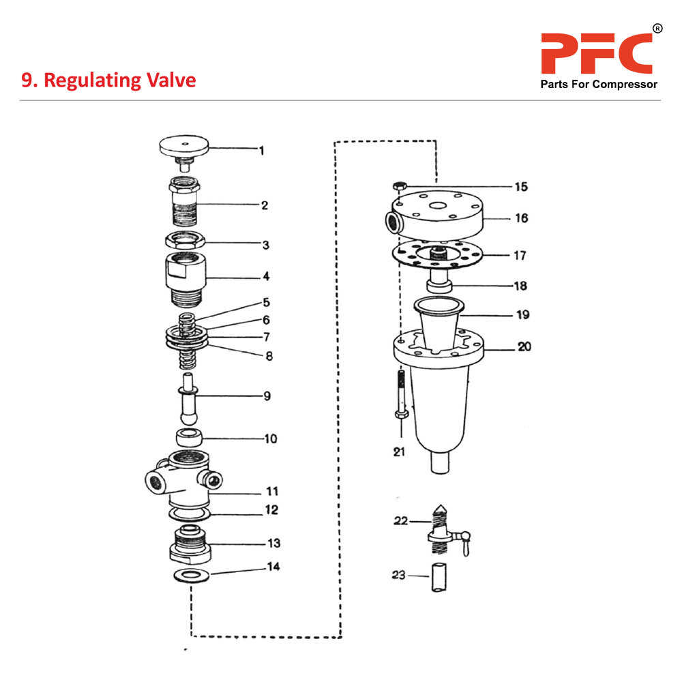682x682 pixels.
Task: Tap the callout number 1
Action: [261, 150]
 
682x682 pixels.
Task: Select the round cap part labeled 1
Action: [183, 146]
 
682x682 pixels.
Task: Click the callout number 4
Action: [267, 277]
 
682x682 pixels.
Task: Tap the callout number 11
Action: [271, 491]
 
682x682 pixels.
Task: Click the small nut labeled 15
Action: [400, 185]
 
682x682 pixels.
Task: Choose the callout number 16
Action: [521, 218]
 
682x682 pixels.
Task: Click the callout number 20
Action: [523, 346]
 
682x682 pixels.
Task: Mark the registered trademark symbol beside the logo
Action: [657, 29]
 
